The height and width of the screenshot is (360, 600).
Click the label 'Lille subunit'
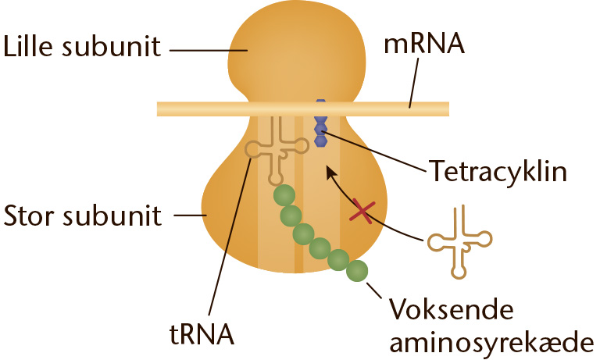(82, 47)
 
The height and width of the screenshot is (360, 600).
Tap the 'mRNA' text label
(424, 44)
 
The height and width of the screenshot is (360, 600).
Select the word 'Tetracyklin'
(498, 170)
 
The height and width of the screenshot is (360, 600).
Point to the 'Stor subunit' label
(82, 216)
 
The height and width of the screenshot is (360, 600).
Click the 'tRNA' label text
(202, 334)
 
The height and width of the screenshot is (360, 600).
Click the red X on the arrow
(362, 211)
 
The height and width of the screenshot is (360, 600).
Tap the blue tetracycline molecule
(320, 123)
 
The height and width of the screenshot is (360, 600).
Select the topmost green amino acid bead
(284, 195)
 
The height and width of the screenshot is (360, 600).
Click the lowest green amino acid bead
(357, 271)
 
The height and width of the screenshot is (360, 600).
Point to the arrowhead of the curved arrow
(330, 171)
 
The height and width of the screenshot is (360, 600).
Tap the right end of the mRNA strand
(448, 109)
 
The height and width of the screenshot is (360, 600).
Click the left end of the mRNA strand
(158, 109)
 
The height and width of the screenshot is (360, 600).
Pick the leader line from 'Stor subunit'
(190, 216)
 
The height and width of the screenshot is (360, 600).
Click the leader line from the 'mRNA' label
(413, 83)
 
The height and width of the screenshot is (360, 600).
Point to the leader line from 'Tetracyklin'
(374, 151)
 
